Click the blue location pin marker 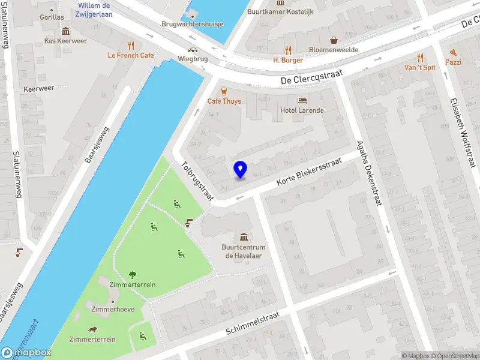(240, 169)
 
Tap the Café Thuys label (224, 101)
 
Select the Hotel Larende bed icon (302, 100)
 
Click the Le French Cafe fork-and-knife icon (131, 45)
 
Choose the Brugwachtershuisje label (193, 24)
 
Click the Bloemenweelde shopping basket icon (334, 40)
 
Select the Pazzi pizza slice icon (453, 52)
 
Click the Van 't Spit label (420, 68)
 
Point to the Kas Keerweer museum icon (65, 31)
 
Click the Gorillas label (53, 17)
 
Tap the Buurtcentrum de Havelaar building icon (244, 236)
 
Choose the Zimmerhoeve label (113, 310)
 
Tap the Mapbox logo (26, 353)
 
